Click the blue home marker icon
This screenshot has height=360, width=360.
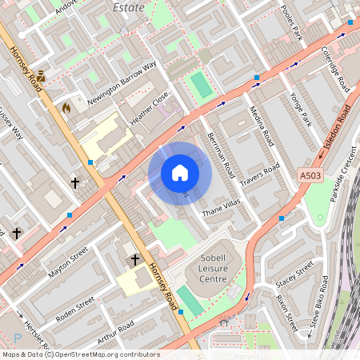point(180,173)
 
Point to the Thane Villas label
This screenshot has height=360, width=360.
point(221,209)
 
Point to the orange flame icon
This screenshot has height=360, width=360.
point(66,106)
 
